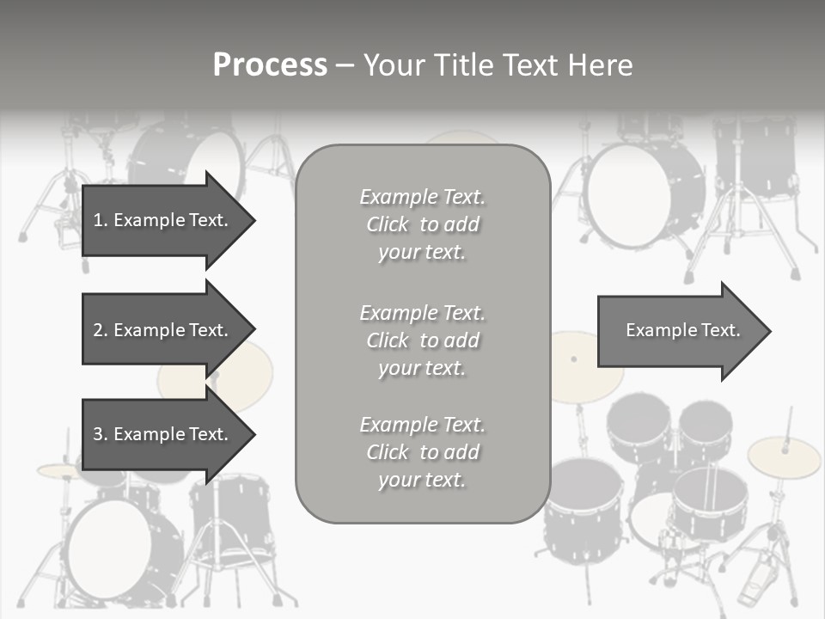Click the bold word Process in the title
coord(270,65)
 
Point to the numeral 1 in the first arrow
coord(98,220)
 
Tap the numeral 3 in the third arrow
coord(98,434)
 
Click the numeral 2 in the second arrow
coord(98,330)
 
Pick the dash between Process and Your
coord(344,65)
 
